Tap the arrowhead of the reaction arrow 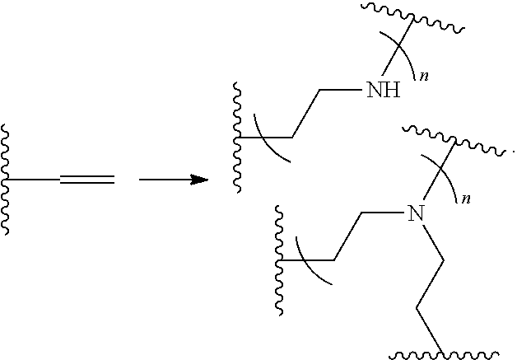coord(199,179)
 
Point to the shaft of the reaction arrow coord(165,179)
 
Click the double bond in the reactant coord(87,179)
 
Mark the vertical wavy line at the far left coord(7,179)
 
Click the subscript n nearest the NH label coord(424,77)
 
